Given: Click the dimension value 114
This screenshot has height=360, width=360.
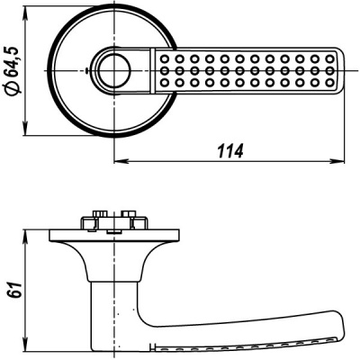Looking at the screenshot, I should (231, 150).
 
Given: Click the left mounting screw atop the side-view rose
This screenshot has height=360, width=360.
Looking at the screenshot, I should (93, 220).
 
